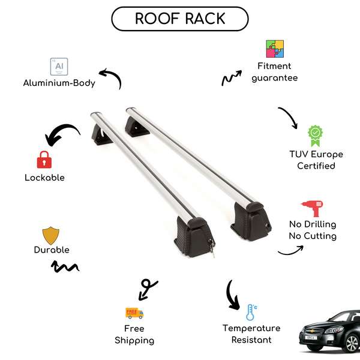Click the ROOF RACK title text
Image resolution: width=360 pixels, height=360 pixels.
coord(180,18)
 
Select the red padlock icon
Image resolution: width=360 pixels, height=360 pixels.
coord(44,160)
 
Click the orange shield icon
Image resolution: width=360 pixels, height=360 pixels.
coord(51,235)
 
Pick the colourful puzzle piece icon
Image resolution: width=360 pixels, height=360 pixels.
coord(275,49)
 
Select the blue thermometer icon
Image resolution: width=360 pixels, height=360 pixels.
coord(251,312)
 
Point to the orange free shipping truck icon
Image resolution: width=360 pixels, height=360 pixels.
coord(134,313)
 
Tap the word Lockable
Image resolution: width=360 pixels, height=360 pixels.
coord(44,178)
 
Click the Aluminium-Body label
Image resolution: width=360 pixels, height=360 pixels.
coord(59,83)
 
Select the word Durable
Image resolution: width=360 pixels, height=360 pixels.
coord(52,250)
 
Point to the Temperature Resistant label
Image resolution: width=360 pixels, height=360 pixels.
coord(251,334)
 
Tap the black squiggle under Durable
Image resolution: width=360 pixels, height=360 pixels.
coord(65,266)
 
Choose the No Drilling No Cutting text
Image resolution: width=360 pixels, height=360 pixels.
coord(312,230)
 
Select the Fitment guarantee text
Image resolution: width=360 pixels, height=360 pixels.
coord(275,72)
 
